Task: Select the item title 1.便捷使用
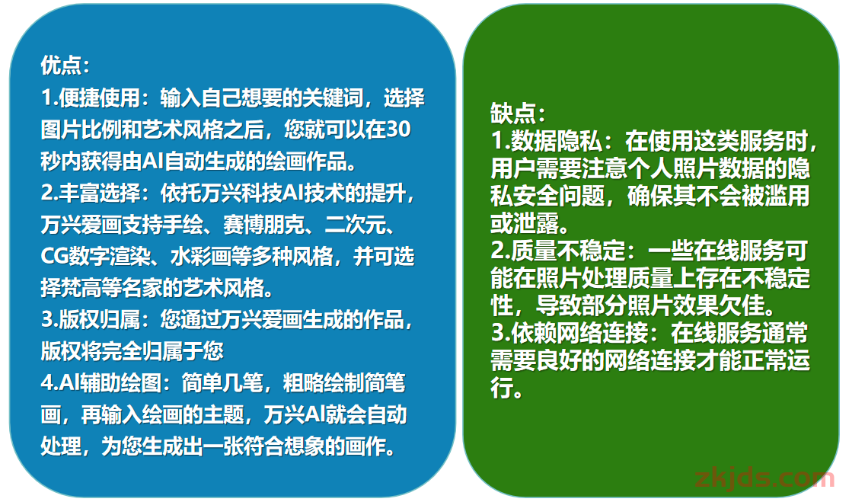pyautogui.click(x=91, y=98)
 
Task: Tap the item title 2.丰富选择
pyautogui.click(x=91, y=193)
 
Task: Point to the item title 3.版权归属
pyautogui.click(x=91, y=319)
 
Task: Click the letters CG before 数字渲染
pyautogui.click(x=54, y=256)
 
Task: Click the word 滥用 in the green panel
pyautogui.click(x=787, y=196)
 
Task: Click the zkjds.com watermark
pyautogui.click(x=764, y=478)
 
